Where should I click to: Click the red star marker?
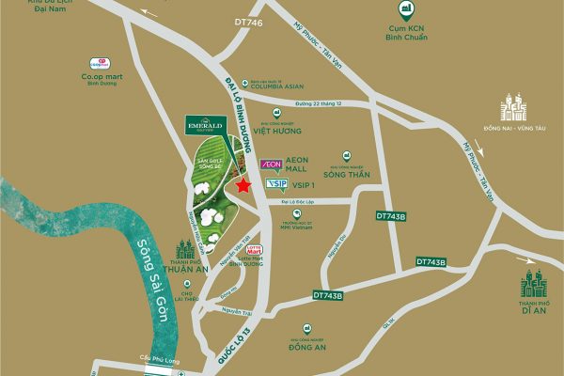[x=243, y=185]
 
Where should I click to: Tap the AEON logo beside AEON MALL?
[x=271, y=164]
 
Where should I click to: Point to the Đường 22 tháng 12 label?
[x=317, y=102]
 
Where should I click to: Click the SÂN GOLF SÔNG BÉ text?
[x=209, y=165]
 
